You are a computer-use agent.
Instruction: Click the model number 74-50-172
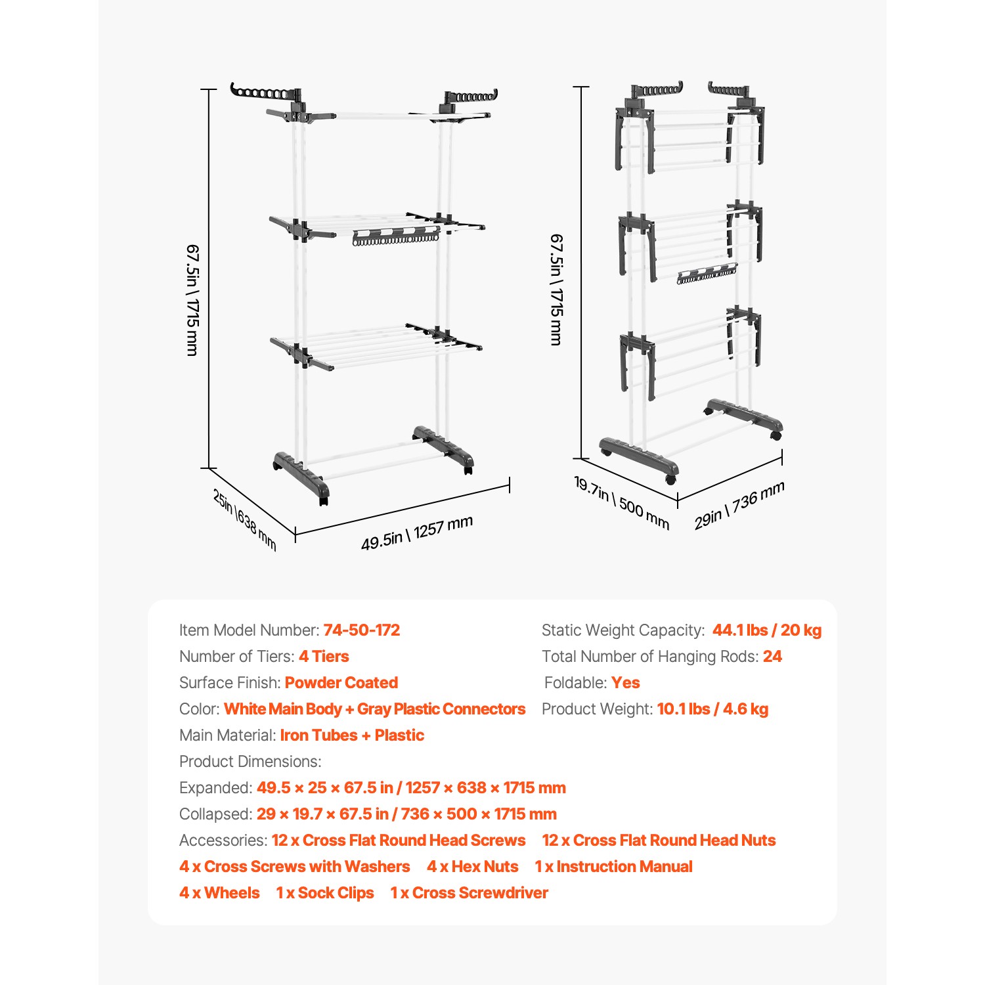[361, 630]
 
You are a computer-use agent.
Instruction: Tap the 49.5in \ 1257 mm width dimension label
[417, 533]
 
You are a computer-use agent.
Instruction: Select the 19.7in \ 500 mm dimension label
[621, 503]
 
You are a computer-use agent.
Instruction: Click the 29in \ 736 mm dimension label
[739, 505]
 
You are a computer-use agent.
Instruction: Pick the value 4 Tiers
[324, 657]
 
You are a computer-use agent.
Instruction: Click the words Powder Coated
[341, 683]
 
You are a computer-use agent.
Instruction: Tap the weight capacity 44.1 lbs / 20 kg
[766, 630]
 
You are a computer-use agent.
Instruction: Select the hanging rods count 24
[772, 657]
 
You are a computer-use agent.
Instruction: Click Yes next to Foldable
[625, 683]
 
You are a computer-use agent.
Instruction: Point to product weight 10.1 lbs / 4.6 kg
[712, 709]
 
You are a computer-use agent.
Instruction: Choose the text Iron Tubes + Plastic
[352, 735]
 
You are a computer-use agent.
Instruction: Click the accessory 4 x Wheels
[219, 893]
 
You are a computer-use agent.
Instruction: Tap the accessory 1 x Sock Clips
[325, 893]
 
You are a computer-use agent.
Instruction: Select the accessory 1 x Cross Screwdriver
[469, 893]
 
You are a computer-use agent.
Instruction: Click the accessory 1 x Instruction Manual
[613, 867]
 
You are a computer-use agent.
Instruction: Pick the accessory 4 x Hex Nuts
[472, 867]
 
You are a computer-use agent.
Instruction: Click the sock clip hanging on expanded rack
[396, 236]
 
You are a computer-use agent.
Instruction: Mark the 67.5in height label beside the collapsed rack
[556, 290]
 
